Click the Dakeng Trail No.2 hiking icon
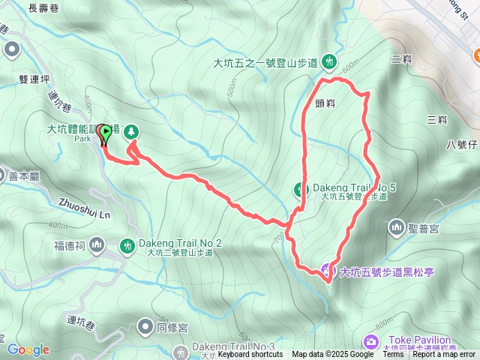click(x=128, y=244)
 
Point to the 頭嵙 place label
click(x=325, y=104)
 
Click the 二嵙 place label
click(x=401, y=58)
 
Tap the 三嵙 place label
click(x=436, y=119)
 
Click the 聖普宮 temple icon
click(x=396, y=226)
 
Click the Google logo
click(x=28, y=349)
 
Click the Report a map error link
click(x=444, y=355)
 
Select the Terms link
click(x=393, y=355)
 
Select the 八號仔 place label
click(x=461, y=144)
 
